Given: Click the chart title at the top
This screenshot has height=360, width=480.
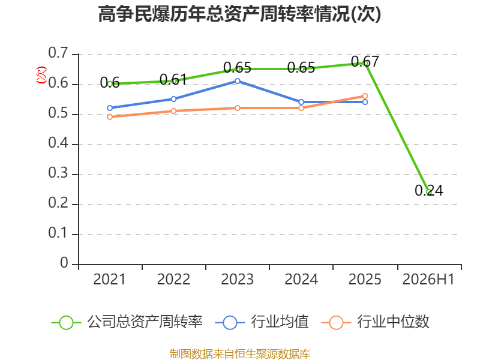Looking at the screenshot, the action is pyautogui.click(x=239, y=14).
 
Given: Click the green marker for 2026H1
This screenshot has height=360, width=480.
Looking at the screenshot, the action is pyautogui.click(x=429, y=192).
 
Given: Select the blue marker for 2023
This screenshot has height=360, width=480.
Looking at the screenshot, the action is pyautogui.click(x=238, y=81).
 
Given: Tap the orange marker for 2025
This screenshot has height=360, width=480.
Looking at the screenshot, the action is pyautogui.click(x=365, y=96).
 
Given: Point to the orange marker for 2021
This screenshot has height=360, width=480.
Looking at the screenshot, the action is pyautogui.click(x=110, y=117).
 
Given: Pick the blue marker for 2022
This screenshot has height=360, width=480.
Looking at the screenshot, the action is pyautogui.click(x=173, y=99).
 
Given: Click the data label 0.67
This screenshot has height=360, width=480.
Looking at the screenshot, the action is pyautogui.click(x=365, y=62).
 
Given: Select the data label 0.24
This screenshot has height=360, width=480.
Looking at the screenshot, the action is pyautogui.click(x=429, y=190).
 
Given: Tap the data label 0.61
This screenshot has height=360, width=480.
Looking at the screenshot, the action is pyautogui.click(x=173, y=80).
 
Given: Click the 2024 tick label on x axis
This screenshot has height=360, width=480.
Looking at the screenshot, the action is pyautogui.click(x=301, y=280).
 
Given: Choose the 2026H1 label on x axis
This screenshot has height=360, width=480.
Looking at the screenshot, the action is pyautogui.click(x=428, y=280).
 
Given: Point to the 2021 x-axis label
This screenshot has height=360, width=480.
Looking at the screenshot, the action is pyautogui.click(x=110, y=280).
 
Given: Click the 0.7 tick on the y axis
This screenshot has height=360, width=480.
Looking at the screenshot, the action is pyautogui.click(x=58, y=53).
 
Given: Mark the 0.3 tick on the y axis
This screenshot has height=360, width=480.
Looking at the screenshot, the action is pyautogui.click(x=58, y=173).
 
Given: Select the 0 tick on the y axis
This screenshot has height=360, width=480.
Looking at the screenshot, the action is pyautogui.click(x=64, y=263).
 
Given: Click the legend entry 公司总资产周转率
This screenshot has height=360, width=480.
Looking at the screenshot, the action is pyautogui.click(x=127, y=322).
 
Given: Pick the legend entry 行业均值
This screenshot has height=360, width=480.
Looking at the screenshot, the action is pyautogui.click(x=262, y=322).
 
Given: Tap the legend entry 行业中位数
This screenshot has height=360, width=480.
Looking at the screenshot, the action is pyautogui.click(x=376, y=322).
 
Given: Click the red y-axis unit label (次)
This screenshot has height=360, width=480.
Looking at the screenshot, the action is pyautogui.click(x=41, y=75).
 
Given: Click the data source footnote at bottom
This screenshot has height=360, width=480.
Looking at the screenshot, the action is pyautogui.click(x=240, y=354).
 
